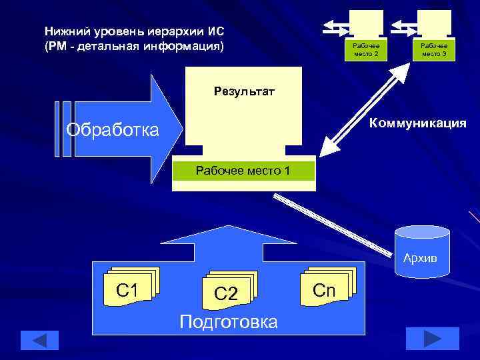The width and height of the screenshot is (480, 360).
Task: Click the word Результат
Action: click(x=243, y=91)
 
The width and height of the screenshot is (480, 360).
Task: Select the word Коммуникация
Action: click(x=417, y=123)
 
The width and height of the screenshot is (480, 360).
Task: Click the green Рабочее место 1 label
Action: click(x=243, y=171)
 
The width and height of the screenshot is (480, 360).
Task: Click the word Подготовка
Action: click(x=229, y=323)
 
